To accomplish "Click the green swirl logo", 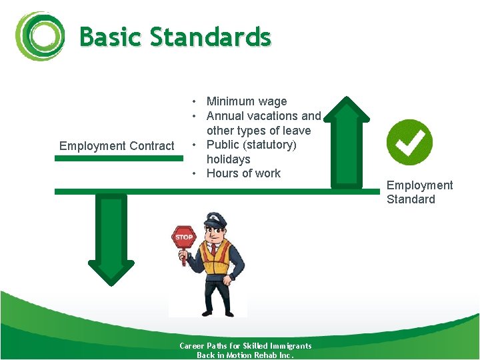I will click(x=40, y=36).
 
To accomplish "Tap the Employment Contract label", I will click(x=117, y=146).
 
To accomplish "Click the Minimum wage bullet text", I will click(x=247, y=101).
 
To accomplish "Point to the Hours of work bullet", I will click(x=243, y=173).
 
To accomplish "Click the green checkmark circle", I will click(x=409, y=142).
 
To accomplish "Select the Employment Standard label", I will click(x=419, y=192).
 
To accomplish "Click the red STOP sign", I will click(x=183, y=237).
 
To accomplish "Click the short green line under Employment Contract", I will click(x=118, y=159).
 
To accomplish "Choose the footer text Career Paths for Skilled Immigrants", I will click(x=245, y=345).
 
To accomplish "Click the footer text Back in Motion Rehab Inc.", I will click(x=245, y=355).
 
